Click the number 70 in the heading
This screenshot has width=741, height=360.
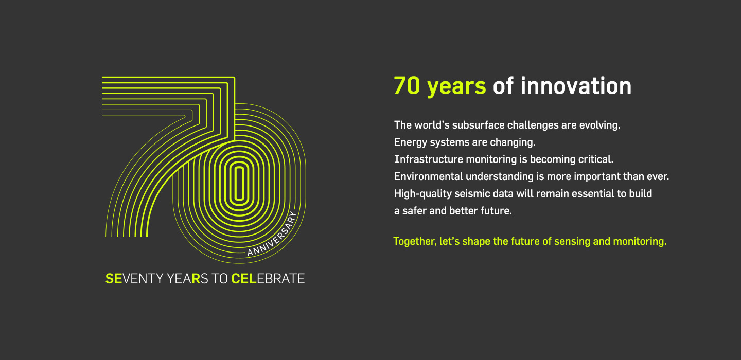(x=408, y=86)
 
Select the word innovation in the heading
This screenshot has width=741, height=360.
(x=576, y=86)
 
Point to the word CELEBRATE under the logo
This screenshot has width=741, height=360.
(x=268, y=279)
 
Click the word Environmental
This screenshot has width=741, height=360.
(x=428, y=176)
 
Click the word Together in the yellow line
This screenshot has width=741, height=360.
(x=414, y=241)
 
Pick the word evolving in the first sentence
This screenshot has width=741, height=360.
(x=603, y=125)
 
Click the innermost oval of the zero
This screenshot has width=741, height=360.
(x=238, y=183)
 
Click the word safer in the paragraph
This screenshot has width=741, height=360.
(x=413, y=211)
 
